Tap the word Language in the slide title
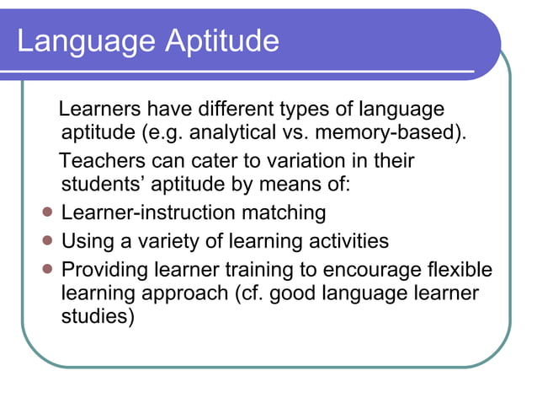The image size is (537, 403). tap(80, 40)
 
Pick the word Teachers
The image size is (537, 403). tap(104, 160)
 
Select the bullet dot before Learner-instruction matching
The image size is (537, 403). tap(48, 212)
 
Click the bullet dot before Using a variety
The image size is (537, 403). tap(48, 240)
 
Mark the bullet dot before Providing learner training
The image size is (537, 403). tap(48, 269)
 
